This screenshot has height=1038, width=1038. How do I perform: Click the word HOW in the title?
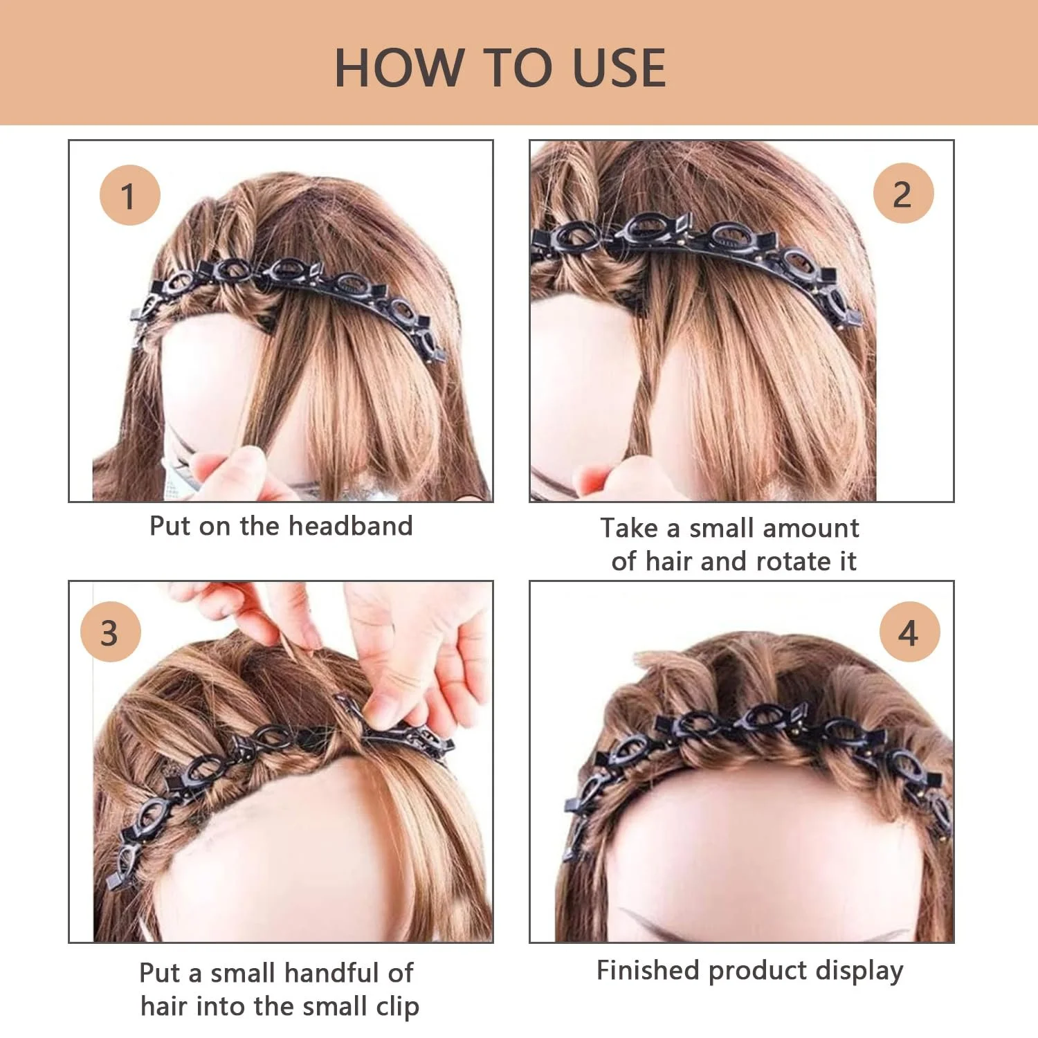[399, 68]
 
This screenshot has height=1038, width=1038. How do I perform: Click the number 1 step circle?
[129, 195]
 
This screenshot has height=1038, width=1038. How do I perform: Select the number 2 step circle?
[903, 193]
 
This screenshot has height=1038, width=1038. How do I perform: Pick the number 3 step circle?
[110, 632]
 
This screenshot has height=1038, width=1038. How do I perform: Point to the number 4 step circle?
[909, 632]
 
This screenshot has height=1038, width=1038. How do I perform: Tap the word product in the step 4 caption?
[758, 972]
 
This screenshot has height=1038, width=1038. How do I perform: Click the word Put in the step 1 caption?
[170, 526]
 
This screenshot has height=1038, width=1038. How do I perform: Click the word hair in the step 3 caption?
[165, 1005]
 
